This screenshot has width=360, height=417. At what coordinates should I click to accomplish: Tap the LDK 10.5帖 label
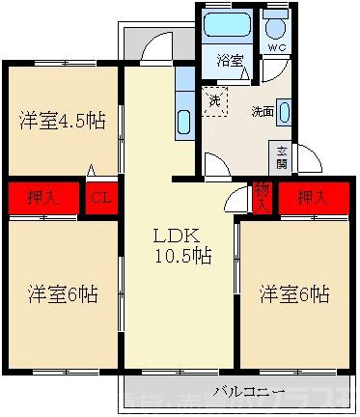point(179,245)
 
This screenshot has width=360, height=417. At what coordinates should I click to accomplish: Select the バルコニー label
point(246,391)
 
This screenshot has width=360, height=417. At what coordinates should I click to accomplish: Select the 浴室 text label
point(229,59)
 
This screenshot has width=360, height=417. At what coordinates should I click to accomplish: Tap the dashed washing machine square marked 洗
point(214,100)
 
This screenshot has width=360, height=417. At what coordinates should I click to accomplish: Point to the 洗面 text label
point(263,110)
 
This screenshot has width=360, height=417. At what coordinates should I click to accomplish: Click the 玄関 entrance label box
point(282,155)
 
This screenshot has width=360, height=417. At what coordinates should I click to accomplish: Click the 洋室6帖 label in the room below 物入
point(293,293)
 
